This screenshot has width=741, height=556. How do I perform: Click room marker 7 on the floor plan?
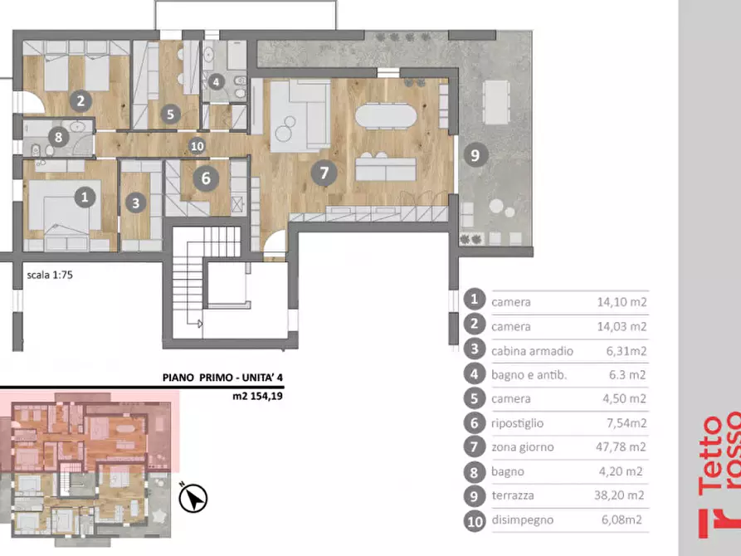tap(324, 173)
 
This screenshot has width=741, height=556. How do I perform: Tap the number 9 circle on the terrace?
tap(475, 155)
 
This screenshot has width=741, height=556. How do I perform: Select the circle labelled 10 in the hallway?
tap(197, 146)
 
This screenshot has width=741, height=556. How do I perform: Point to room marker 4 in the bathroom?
tap(216, 82)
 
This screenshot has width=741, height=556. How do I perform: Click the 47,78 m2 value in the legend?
tap(621, 446)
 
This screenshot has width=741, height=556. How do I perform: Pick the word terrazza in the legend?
tap(513, 495)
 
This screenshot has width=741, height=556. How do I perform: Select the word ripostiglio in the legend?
tap(518, 423)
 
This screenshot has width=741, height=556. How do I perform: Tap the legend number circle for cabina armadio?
tap(475, 349)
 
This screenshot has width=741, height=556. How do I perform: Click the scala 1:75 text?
tap(50, 275)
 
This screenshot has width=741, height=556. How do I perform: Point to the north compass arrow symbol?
tap(193, 498)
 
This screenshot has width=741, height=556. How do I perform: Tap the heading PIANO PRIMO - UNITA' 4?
tap(222, 378)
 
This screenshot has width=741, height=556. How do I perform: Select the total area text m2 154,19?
tap(257, 396)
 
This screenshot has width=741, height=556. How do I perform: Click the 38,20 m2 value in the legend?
tap(619, 495)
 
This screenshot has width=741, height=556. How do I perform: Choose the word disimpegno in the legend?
tap(522, 520)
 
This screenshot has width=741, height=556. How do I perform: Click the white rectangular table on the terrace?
tap(496, 102)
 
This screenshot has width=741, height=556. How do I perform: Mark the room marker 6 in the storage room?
tap(206, 178)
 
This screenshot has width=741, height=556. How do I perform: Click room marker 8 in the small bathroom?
tap(59, 137)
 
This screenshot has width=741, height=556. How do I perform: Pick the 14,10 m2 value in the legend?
tap(622, 301)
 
